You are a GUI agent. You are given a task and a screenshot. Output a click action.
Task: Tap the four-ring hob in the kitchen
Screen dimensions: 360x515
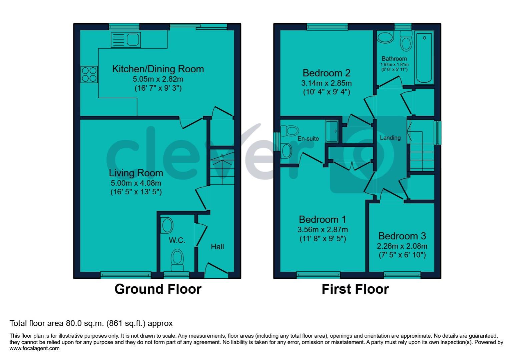[89, 74]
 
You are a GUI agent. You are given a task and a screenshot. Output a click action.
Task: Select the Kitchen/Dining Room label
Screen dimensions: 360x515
[158, 69]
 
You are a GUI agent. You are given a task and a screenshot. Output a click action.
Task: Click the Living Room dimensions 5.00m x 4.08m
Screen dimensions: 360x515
[136, 183]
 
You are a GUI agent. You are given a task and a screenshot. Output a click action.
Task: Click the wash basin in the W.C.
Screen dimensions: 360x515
[167, 226]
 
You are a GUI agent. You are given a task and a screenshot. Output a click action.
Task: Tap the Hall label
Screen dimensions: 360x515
[217, 247]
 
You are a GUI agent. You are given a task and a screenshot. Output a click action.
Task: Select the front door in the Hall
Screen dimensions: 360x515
[216, 270]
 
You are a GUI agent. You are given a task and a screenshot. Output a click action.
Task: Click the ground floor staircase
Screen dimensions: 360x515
[222, 170]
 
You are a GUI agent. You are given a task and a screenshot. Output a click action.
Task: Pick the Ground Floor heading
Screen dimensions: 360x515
[158, 289]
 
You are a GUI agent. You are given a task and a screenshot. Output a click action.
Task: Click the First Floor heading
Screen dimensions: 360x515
[355, 289]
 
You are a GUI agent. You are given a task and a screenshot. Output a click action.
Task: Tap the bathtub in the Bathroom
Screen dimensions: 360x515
[424, 58]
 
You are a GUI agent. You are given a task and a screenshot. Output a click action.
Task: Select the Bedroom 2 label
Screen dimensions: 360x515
[327, 73]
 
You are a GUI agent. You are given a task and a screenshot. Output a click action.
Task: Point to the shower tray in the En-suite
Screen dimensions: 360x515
[332, 131]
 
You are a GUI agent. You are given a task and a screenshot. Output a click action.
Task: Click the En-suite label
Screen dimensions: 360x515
[308, 138]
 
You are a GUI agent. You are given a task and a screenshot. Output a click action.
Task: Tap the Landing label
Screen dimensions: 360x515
[390, 138]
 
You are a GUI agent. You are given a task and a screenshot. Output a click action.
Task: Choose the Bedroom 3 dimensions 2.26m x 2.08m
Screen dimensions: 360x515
[402, 246]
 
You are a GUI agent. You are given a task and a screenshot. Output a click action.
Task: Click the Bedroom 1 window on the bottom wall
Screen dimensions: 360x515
[314, 275]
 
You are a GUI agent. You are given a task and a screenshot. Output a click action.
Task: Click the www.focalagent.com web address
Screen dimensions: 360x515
[35, 348]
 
